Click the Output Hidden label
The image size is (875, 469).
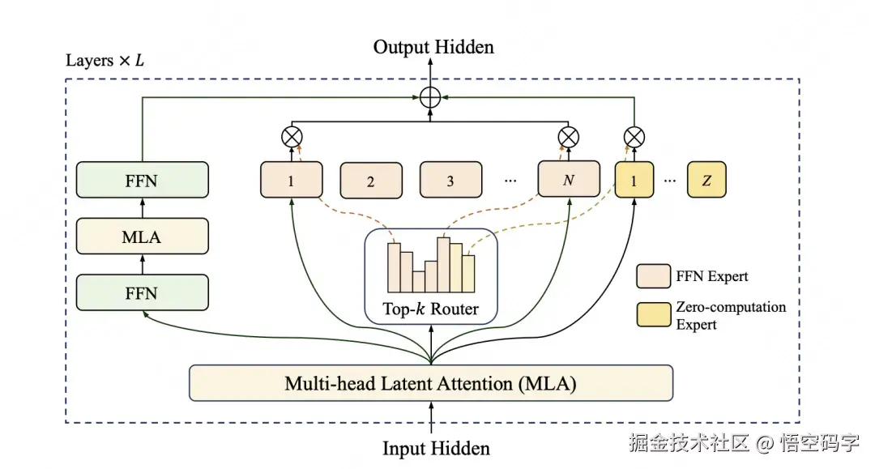433,47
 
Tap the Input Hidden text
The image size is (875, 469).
436,447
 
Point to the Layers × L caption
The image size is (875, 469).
105,62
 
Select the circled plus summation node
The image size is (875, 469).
431,97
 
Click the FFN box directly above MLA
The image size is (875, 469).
143,180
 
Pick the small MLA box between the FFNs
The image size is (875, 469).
143,237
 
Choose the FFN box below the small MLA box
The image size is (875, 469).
143,292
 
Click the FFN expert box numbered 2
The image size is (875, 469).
371,181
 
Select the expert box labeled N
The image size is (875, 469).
569,180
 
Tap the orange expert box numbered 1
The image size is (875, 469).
291,180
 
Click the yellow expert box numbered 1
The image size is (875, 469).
634,180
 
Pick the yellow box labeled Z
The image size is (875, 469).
706,180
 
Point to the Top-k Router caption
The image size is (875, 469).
431,309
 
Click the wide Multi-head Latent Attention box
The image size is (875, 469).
431,382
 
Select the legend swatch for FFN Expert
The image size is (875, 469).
652,276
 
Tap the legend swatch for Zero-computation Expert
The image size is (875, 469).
652,315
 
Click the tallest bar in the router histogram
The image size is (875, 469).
443,264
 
